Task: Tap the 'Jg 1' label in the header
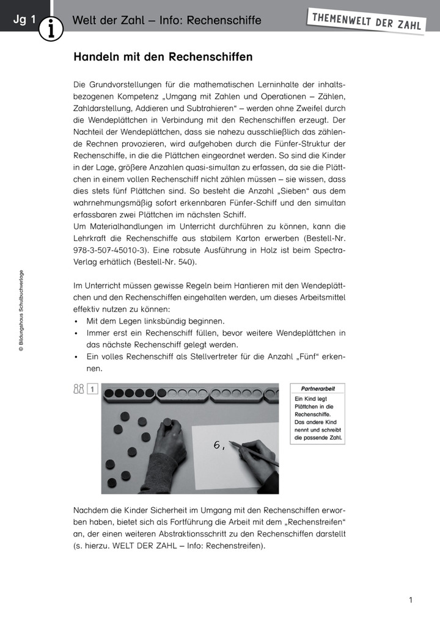point(25,20)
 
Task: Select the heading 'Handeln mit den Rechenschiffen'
point(163,57)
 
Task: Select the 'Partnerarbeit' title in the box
point(318,389)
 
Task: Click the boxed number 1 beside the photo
point(92,388)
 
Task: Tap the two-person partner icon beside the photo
point(78,388)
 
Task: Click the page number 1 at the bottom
point(411,600)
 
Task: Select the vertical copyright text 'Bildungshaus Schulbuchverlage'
point(20,311)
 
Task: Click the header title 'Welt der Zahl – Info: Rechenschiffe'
point(167,20)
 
